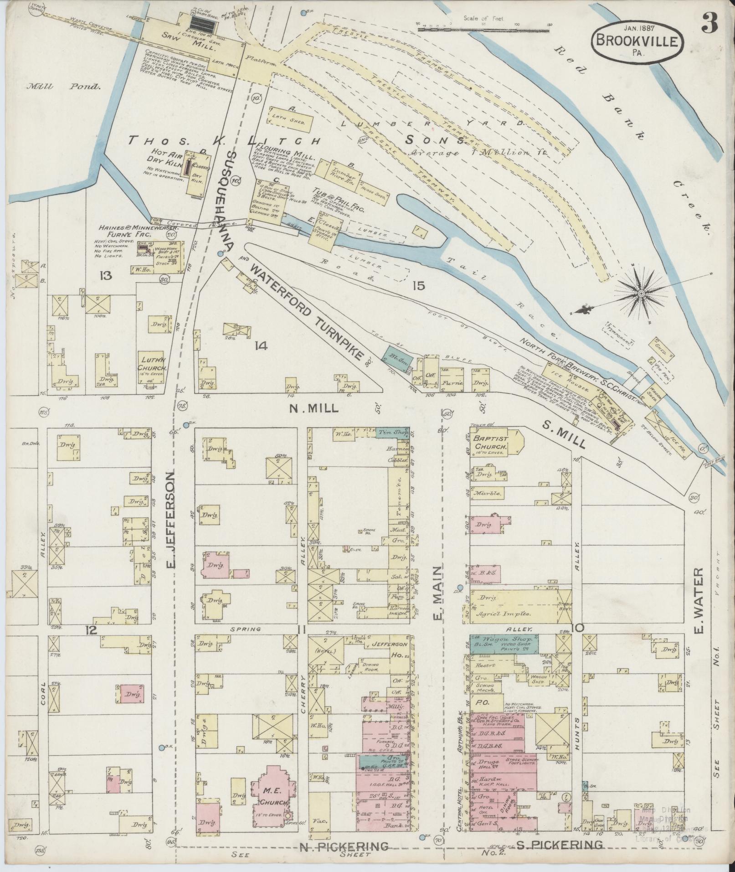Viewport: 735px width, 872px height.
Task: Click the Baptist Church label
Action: click(x=489, y=442)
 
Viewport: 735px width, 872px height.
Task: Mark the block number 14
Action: click(x=261, y=346)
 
